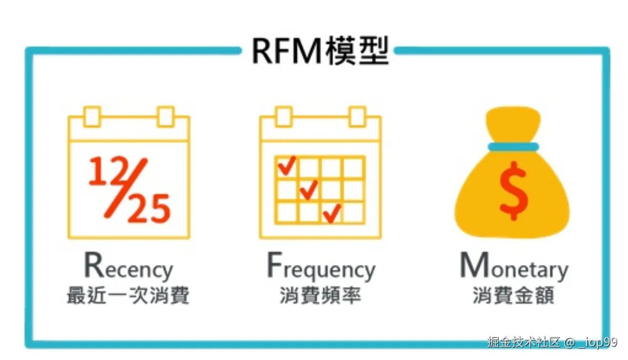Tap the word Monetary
click(514, 267)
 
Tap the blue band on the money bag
click(513, 146)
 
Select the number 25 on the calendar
click(149, 208)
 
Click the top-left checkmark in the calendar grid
click(287, 166)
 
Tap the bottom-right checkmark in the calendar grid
click(332, 213)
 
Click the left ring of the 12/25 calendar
click(92, 117)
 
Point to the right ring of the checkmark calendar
click(357, 117)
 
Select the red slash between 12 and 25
click(127, 188)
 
